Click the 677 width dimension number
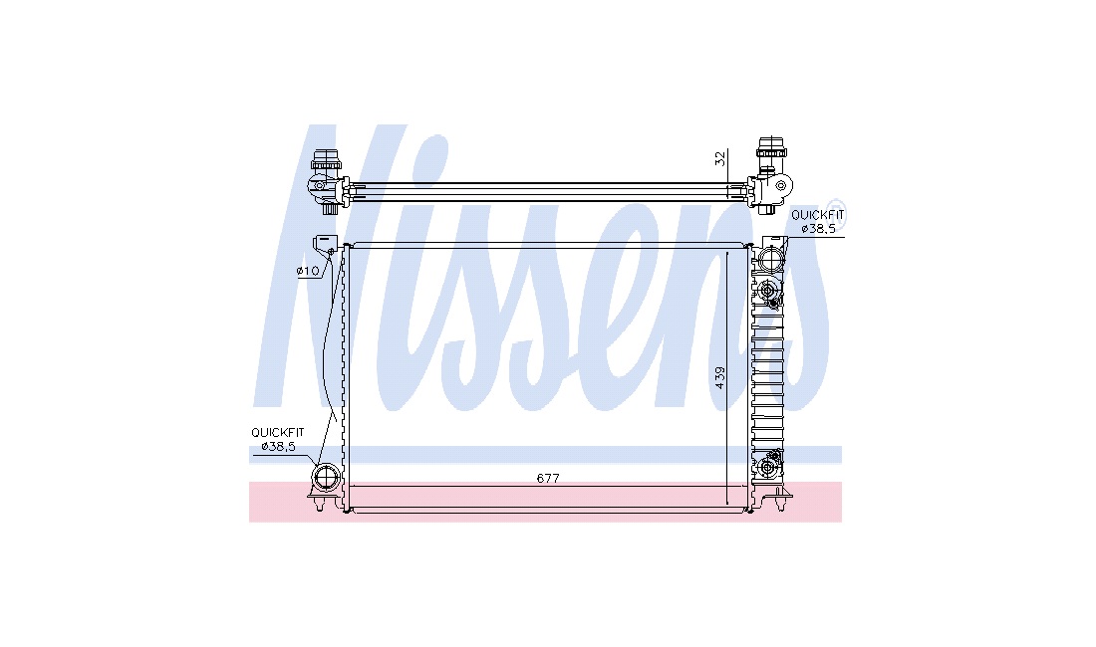pos(548,478)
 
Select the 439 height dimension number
pos(720,377)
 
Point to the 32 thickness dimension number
pos(720,159)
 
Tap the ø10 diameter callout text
pos(308,270)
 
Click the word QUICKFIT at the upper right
pos(818,215)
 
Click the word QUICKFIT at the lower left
pos(278,433)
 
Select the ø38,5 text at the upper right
pos(818,228)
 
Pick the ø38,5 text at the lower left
pos(278,446)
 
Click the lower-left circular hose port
pos(326,478)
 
